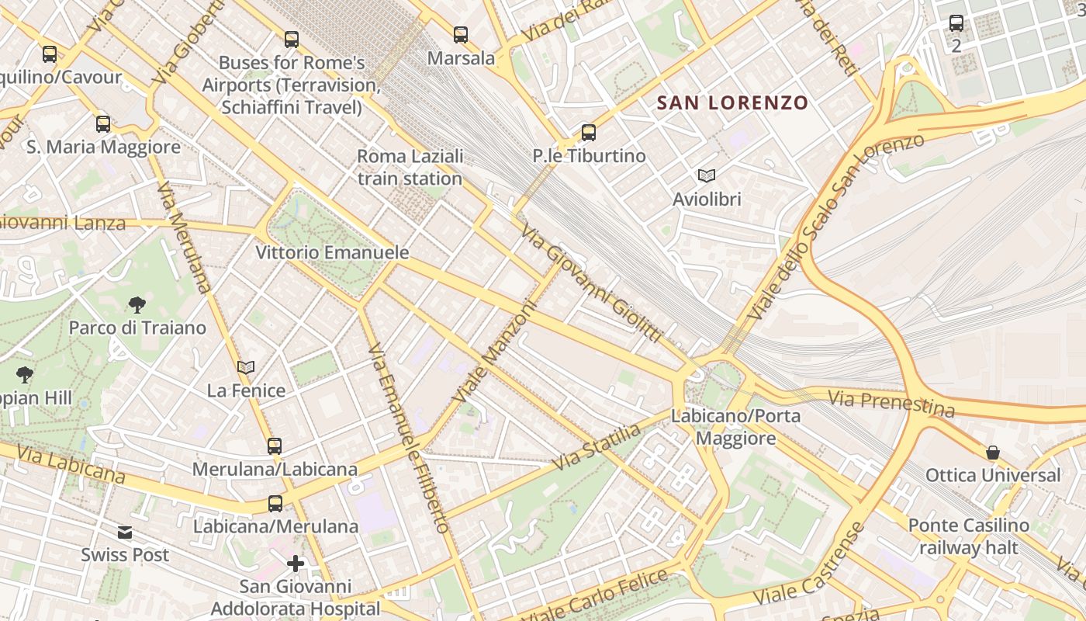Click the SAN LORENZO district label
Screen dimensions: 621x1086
pyautogui.click(x=732, y=102)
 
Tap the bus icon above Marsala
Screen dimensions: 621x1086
pyautogui.click(x=461, y=34)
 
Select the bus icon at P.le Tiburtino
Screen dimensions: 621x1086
pyautogui.click(x=589, y=133)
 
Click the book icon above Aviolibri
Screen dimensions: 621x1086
pyautogui.click(x=706, y=175)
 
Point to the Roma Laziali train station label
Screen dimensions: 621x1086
pyautogui.click(x=410, y=167)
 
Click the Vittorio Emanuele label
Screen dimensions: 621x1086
pyautogui.click(x=332, y=252)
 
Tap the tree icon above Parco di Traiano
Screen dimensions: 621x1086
pyautogui.click(x=137, y=304)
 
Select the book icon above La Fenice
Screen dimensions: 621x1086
pyautogui.click(x=246, y=367)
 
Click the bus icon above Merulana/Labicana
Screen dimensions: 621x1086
pyautogui.click(x=275, y=446)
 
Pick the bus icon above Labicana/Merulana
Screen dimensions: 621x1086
pyautogui.click(x=275, y=504)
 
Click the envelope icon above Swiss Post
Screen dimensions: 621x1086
pyautogui.click(x=125, y=533)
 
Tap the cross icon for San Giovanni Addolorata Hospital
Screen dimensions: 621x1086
pyautogui.click(x=295, y=563)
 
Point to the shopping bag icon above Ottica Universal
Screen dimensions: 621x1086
pyautogui.click(x=992, y=452)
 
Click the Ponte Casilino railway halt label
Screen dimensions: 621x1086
pyautogui.click(x=968, y=536)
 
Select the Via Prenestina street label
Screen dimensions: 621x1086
pyautogui.click(x=891, y=403)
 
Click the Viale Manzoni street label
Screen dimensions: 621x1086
pyautogui.click(x=496, y=352)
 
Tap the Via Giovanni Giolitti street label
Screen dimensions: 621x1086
pyautogui.click(x=591, y=283)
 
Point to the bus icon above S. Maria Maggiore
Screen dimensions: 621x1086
pyautogui.click(x=103, y=124)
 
